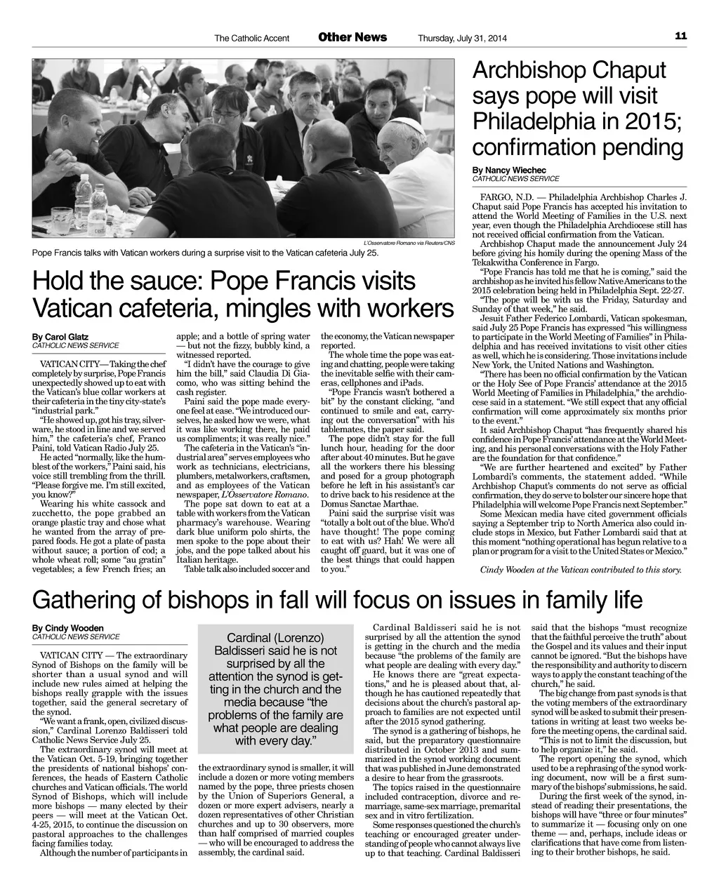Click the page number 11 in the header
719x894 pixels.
coord(680,36)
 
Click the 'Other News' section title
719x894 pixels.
coord(352,37)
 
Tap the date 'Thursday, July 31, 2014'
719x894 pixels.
coord(461,38)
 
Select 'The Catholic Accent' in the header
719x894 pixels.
coord(251,38)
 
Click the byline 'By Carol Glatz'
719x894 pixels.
coord(60,338)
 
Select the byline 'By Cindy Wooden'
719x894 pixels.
coord(67,628)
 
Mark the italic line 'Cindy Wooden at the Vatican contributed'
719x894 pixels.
coord(580,569)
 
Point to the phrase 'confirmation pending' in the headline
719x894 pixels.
coord(577,147)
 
